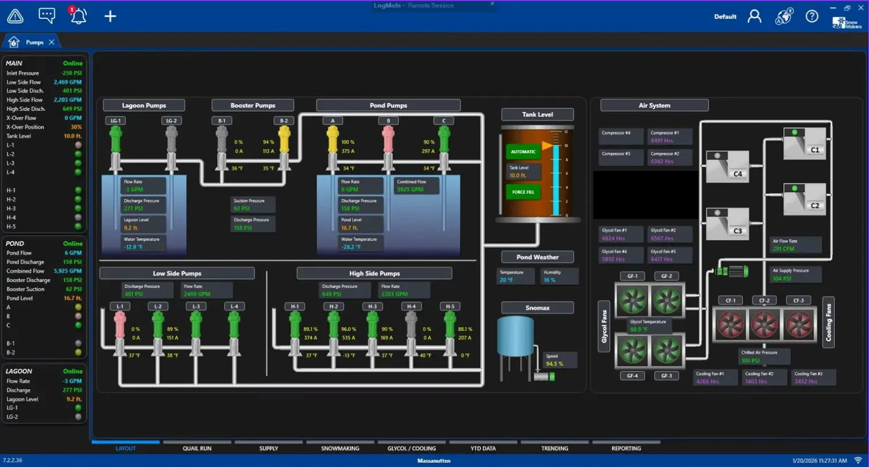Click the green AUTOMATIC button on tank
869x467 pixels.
(x=523, y=152)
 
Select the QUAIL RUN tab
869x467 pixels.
(x=197, y=448)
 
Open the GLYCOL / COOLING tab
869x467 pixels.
(x=411, y=448)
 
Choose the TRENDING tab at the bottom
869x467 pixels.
(x=555, y=448)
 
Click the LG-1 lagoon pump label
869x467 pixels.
(x=116, y=121)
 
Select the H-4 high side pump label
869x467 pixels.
(x=411, y=307)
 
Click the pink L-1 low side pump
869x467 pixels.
(x=120, y=325)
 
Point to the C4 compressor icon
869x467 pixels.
(x=727, y=167)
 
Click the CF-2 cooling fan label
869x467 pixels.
(x=764, y=301)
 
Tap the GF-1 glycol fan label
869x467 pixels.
(x=632, y=276)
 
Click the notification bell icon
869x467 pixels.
(x=78, y=16)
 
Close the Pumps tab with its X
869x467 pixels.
(x=52, y=42)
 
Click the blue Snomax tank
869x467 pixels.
(x=515, y=337)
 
